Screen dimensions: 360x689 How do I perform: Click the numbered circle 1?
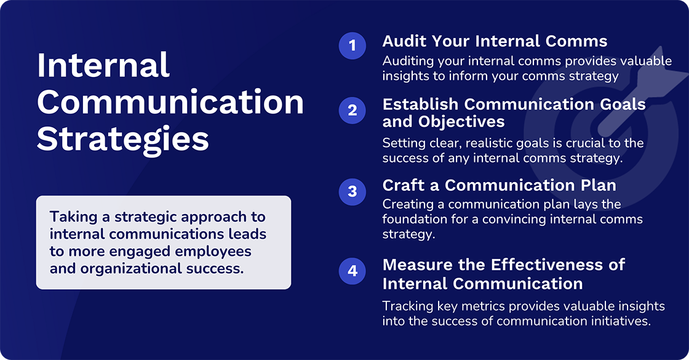352,46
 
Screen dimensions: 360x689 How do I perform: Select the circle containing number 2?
352,111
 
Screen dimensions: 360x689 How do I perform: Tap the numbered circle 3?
352,191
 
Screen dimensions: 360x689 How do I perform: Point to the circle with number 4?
352,271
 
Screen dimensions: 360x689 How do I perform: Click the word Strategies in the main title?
122,139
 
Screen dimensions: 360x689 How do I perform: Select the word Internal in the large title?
103,65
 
